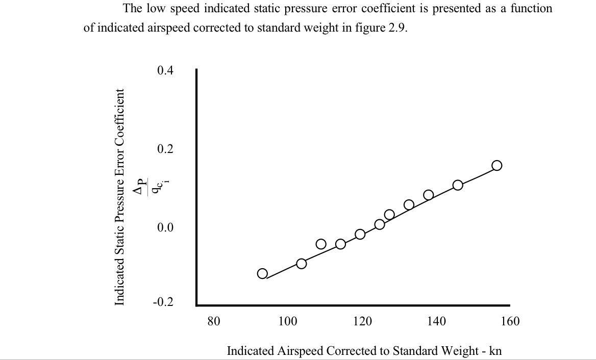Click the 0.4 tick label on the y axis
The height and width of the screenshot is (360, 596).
click(165, 70)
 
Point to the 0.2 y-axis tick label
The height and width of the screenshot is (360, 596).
click(165, 149)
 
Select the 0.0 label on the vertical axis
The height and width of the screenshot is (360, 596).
click(165, 227)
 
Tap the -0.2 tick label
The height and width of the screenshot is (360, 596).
click(163, 302)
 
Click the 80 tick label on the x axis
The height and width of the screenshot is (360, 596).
click(214, 321)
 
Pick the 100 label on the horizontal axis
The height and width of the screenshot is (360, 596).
click(288, 321)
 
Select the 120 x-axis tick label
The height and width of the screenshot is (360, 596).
click(362, 321)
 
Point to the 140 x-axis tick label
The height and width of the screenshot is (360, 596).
click(436, 321)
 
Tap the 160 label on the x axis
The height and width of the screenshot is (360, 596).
click(510, 321)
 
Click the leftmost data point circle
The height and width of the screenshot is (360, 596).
click(262, 273)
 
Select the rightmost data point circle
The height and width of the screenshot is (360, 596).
click(496, 165)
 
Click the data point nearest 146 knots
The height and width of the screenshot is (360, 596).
click(458, 185)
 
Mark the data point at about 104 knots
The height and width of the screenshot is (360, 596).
click(302, 264)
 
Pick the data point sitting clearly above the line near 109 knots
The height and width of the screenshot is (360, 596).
click(321, 244)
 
